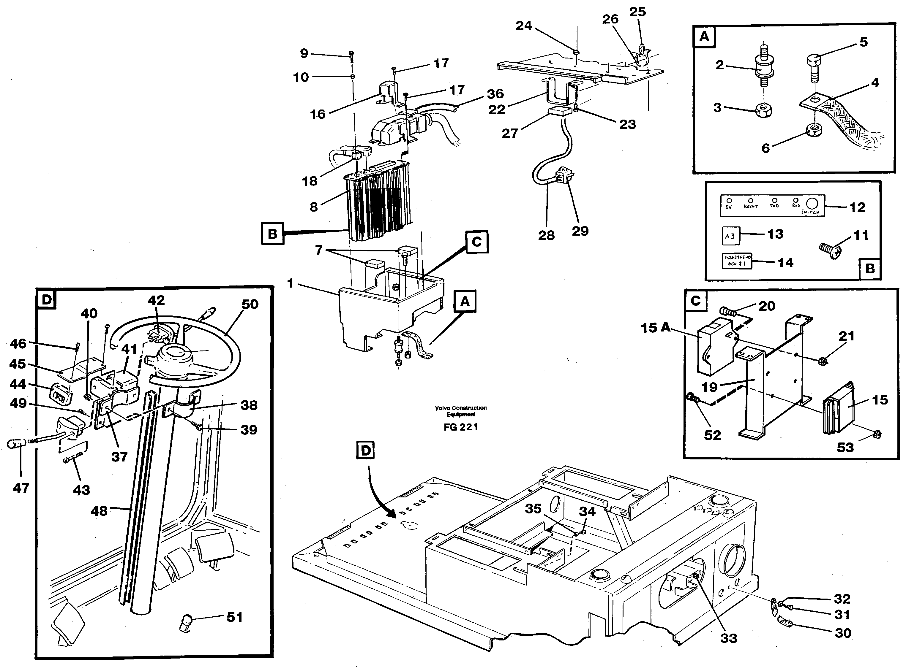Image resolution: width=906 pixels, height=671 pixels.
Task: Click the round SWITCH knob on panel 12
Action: [812, 204]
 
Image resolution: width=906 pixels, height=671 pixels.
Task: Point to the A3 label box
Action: [730, 236]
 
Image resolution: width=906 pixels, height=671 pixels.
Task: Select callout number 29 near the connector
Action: [580, 231]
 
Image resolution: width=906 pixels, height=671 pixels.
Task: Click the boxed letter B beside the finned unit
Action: [272, 234]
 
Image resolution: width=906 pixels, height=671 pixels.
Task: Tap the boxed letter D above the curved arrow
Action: [366, 451]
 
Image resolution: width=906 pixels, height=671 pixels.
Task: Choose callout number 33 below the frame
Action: [728, 638]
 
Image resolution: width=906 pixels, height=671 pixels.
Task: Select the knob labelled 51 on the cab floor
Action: [187, 622]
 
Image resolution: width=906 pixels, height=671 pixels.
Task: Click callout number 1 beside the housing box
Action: [290, 283]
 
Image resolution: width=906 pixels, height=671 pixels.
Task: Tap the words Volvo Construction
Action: [460, 408]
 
